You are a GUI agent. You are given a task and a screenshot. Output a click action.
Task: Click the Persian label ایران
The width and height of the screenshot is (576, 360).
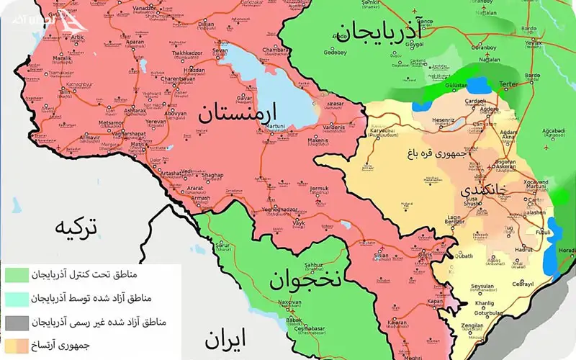(x=225, y=338)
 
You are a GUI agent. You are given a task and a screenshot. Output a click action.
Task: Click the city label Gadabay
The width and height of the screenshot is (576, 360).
(x=336, y=52)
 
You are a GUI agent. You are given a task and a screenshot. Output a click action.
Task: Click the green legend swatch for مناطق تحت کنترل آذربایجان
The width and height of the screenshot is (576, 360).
(x=14, y=275)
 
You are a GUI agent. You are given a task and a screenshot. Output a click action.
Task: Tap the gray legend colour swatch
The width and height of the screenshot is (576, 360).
(x=14, y=321)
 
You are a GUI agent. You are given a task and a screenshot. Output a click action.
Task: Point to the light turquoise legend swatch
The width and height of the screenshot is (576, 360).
(x=14, y=298)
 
